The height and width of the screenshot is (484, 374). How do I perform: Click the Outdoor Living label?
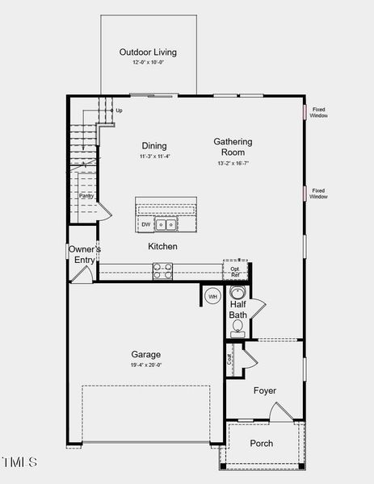tap(148, 52)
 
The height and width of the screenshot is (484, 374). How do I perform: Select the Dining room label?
tap(154, 146)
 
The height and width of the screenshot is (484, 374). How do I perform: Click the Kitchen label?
tap(162, 246)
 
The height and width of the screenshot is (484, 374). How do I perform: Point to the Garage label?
tap(146, 354)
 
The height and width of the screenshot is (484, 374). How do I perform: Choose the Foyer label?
tap(265, 390)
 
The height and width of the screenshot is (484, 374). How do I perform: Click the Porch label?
tap(261, 443)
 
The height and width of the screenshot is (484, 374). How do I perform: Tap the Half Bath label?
tap(237, 309)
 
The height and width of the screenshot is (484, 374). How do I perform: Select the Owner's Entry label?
tap(84, 254)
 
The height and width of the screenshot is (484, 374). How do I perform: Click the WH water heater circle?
tap(213, 296)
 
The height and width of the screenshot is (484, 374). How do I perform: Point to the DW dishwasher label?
tap(145, 225)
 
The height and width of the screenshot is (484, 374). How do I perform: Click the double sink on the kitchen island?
tap(166, 225)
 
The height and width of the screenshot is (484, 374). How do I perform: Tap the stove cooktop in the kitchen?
tap(163, 271)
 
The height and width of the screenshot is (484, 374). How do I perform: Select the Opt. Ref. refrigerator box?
tap(235, 269)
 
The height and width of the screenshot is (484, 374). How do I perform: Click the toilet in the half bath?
tap(237, 327)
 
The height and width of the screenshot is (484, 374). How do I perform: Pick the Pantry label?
tap(86, 195)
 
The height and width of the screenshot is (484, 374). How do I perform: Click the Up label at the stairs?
tap(119, 111)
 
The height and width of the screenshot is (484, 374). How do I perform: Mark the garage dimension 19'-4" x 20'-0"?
tap(146, 365)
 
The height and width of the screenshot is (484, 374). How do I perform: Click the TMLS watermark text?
tap(19, 462)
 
